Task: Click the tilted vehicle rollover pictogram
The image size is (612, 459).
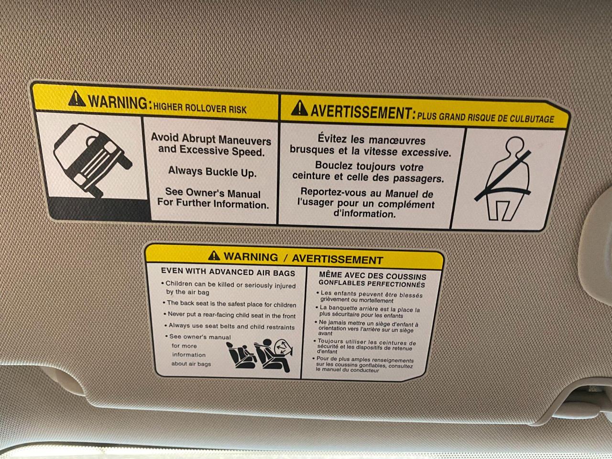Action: (x=93, y=160)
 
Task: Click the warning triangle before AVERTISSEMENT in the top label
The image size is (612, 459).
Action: (x=299, y=108)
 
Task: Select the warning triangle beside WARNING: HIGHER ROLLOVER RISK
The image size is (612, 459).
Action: (x=76, y=98)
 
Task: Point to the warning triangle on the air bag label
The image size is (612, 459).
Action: (x=214, y=255)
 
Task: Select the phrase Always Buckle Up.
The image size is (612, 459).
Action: (x=212, y=172)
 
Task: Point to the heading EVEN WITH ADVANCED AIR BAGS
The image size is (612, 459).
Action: (x=228, y=272)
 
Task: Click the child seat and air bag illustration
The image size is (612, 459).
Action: (x=259, y=355)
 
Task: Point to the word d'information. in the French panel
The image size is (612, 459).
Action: (x=365, y=214)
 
